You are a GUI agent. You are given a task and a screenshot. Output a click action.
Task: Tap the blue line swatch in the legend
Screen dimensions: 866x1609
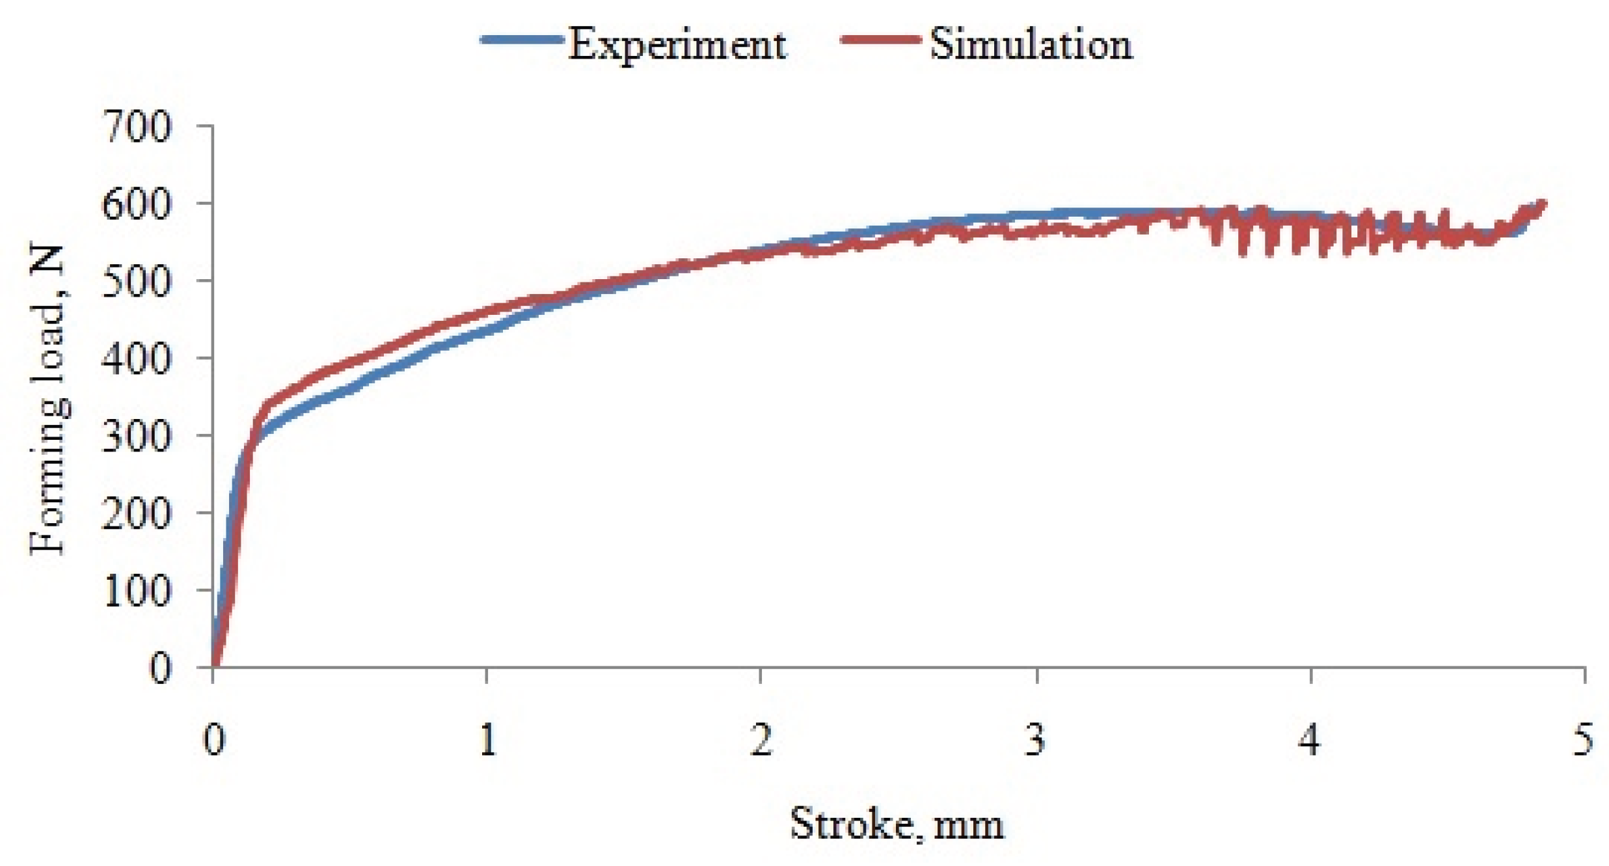coord(521,40)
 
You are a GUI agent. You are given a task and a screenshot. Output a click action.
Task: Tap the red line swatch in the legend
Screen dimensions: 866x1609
coord(880,40)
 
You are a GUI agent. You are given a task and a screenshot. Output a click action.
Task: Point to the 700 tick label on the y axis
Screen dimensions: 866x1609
coord(137,126)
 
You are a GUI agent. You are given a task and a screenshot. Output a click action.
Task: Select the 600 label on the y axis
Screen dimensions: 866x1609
coord(137,204)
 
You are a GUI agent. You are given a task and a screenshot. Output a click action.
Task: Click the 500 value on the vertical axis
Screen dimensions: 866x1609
coord(137,281)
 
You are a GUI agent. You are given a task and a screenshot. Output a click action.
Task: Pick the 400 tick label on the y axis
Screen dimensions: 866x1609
coord(137,359)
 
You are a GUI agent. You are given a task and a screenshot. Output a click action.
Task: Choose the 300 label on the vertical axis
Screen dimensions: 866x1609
coord(137,435)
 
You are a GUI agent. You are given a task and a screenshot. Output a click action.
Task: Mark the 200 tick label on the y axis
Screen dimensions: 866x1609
coord(137,513)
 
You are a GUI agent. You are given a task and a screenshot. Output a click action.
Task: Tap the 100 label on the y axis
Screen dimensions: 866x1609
coord(137,590)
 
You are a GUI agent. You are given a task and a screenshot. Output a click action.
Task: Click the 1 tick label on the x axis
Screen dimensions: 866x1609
coord(487,740)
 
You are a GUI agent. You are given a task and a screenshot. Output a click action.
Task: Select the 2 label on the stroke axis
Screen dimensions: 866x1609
coord(761,740)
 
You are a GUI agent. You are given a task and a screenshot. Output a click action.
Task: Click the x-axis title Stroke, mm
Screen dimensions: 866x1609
coord(897,825)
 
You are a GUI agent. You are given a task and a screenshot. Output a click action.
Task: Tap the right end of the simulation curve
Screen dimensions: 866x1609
coord(1543,204)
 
